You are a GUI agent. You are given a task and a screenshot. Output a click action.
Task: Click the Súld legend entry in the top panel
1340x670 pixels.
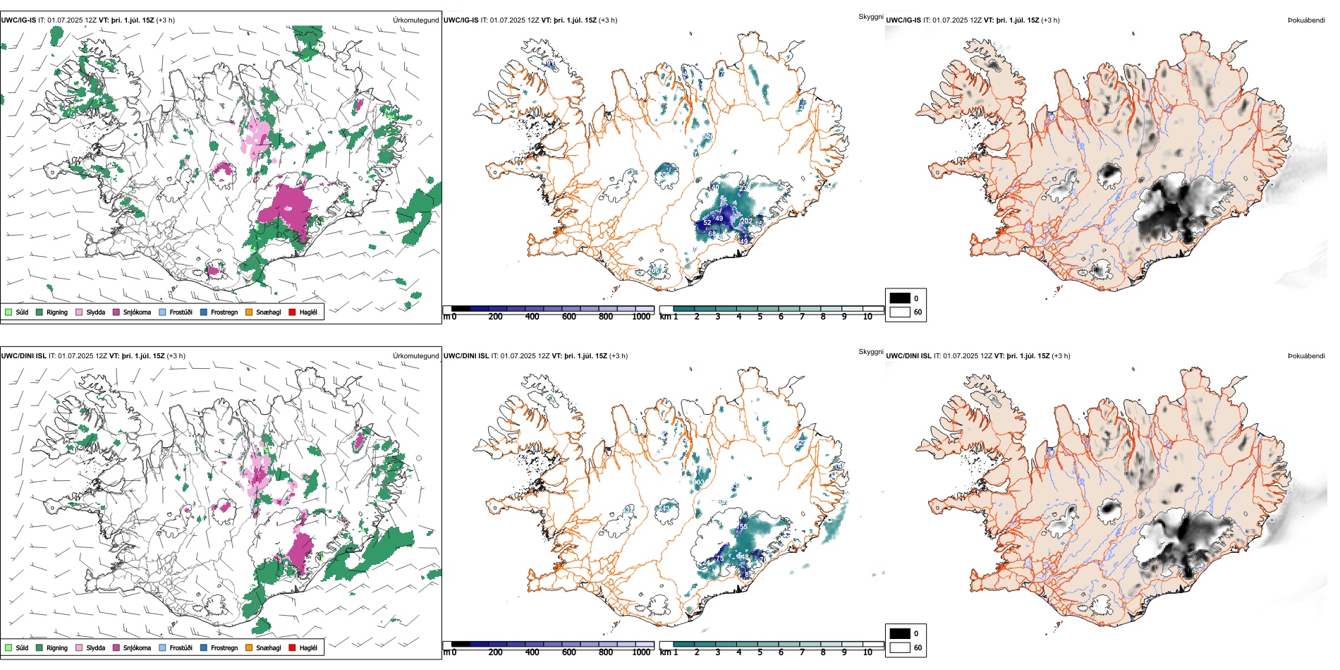(22, 312)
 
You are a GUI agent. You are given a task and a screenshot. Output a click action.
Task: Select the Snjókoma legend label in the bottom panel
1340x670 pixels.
(137, 647)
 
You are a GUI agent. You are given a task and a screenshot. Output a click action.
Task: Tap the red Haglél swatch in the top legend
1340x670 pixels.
(292, 312)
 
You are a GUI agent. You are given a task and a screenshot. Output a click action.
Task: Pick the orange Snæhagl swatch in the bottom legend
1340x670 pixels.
(249, 647)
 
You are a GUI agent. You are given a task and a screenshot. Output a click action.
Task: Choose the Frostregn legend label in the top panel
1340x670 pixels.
(224, 312)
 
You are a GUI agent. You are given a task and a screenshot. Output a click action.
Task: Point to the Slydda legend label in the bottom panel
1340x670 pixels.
(96, 647)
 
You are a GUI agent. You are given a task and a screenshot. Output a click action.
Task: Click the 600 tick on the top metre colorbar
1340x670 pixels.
(569, 317)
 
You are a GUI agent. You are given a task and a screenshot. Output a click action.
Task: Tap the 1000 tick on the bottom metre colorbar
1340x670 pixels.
(641, 652)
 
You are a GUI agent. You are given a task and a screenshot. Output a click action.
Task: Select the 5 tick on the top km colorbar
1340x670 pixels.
(760, 317)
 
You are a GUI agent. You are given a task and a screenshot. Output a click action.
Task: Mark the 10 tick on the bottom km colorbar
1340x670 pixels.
(867, 652)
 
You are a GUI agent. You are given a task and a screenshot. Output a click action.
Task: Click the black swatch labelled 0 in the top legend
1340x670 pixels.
(900, 298)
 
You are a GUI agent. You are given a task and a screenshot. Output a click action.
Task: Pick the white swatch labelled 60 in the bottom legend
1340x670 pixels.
(900, 647)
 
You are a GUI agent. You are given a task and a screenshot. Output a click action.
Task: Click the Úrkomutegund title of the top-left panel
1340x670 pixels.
(415, 20)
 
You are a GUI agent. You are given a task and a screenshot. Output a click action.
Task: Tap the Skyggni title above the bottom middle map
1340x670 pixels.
(870, 352)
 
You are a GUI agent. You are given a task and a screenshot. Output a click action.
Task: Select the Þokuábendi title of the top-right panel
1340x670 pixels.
(1306, 20)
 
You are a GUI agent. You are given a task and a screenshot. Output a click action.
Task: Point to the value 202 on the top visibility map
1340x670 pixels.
(746, 221)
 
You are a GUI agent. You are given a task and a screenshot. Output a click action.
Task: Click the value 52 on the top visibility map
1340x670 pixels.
(707, 223)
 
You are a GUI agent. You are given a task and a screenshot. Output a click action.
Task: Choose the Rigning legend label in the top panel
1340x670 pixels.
(57, 312)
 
